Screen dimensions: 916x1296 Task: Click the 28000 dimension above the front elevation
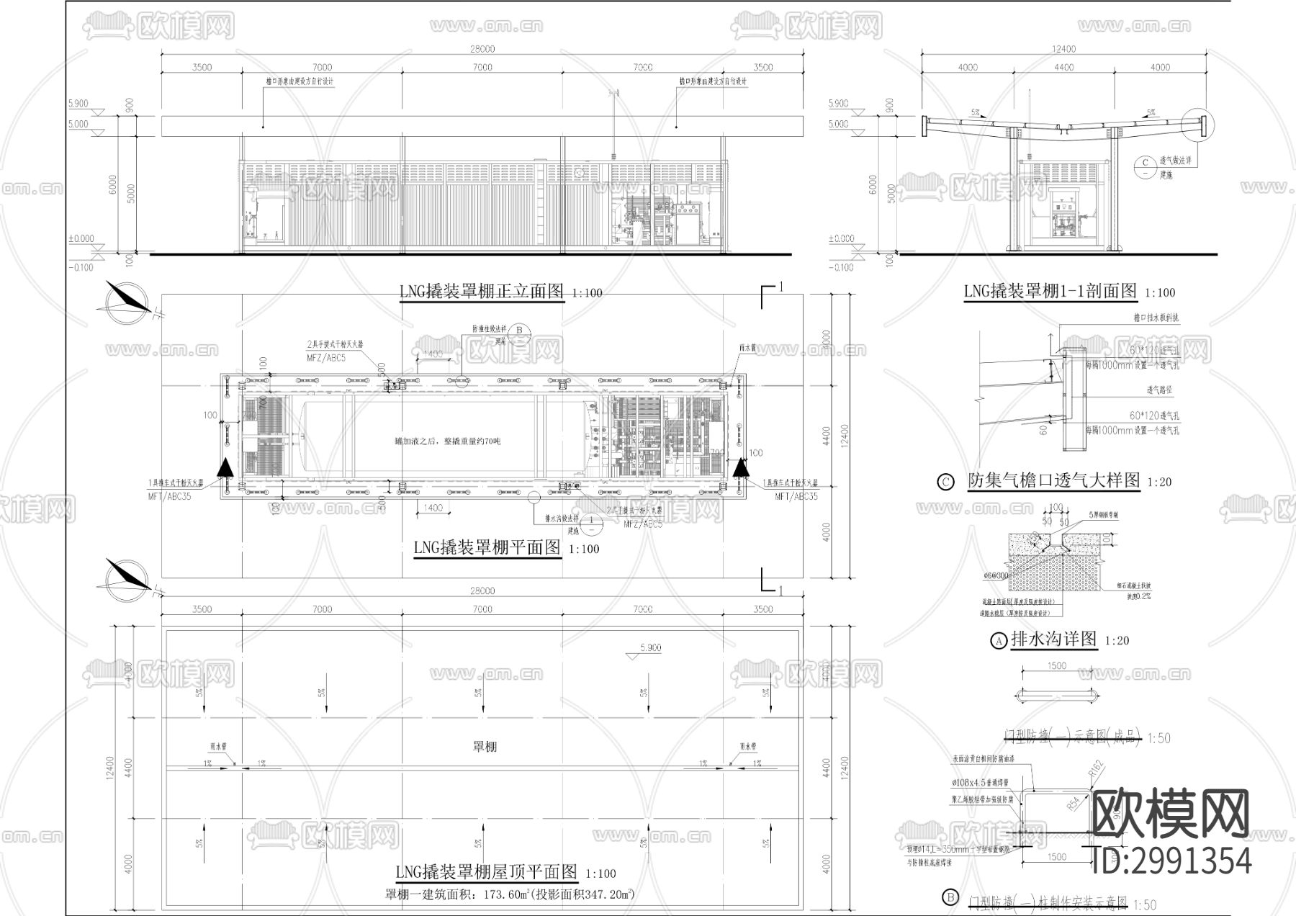pos(482,49)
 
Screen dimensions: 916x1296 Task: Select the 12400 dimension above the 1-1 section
pos(1063,49)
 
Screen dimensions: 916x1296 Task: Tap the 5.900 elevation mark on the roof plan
pos(649,648)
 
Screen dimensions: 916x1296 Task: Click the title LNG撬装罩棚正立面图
pos(482,292)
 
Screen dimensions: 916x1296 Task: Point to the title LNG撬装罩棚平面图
pos(487,547)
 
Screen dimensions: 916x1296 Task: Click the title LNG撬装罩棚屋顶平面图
pos(487,872)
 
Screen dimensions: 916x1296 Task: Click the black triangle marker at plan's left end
pos(225,467)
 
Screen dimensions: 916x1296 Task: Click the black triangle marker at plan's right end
pos(740,467)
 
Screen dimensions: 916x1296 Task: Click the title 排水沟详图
pos(1053,639)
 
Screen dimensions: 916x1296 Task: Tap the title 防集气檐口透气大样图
pos(1053,480)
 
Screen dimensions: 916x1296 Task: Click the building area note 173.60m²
pos(510,895)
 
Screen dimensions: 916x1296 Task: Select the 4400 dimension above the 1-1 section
pos(1063,68)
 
